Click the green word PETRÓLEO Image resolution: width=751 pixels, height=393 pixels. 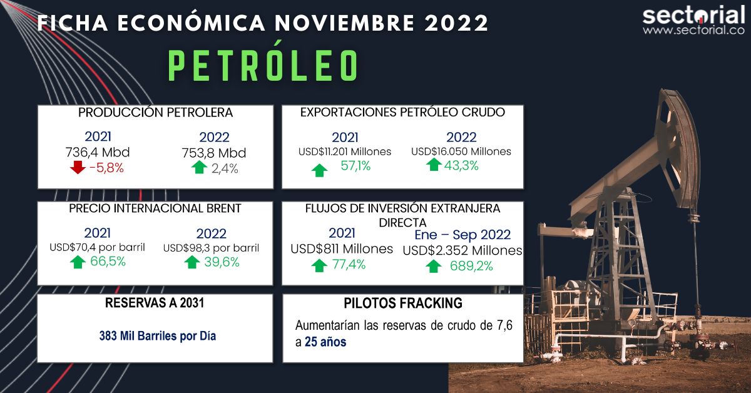click(263, 66)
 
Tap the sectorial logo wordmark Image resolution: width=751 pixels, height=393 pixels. click(693, 15)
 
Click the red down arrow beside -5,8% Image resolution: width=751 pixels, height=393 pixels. click(78, 168)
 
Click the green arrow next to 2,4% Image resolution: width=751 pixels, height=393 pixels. click(200, 168)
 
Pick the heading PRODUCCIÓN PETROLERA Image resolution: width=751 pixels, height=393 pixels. click(155, 113)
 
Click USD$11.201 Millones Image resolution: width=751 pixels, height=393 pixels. click(344, 151)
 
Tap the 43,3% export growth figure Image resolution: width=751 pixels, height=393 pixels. click(461, 166)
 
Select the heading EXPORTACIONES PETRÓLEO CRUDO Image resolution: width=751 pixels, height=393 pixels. click(402, 113)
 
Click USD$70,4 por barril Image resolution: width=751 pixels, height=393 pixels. click(97, 247)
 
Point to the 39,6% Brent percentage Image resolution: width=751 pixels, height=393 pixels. click(222, 262)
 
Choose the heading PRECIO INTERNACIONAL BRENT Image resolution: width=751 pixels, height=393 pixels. click(155, 208)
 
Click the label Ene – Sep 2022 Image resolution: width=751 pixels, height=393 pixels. click(462, 235)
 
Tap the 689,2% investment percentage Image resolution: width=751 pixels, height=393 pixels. click(471, 266)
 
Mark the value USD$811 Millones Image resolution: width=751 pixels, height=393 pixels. click(342, 249)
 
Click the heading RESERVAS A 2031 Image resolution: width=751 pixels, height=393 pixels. click(155, 304)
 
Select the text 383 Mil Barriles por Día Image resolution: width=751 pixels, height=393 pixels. click(157, 335)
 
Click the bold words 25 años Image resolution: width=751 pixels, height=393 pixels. click(325, 342)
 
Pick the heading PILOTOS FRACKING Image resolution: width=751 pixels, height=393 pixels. click(403, 304)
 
